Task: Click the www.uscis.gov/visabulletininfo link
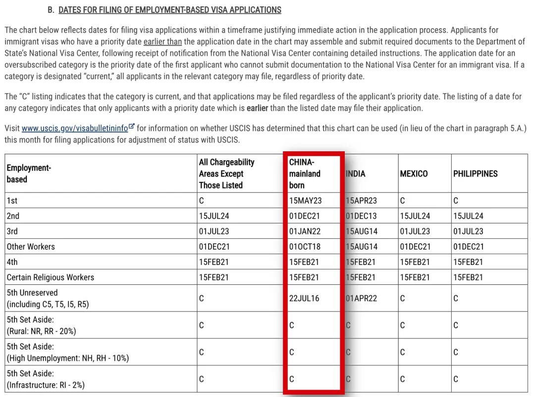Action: [75, 129]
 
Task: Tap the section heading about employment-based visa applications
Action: [169, 10]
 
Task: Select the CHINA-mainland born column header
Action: [305, 174]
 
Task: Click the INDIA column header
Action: [356, 174]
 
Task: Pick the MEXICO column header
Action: [414, 174]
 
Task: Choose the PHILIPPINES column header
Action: [475, 174]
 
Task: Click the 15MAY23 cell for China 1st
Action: [305, 201]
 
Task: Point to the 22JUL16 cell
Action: [304, 298]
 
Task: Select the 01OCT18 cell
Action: [305, 247]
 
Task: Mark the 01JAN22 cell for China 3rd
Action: [305, 231]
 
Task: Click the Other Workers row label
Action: [31, 247]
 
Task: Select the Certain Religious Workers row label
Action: [50, 277]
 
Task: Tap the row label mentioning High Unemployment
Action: [67, 352]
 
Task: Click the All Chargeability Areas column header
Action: [226, 174]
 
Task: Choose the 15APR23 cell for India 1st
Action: [362, 201]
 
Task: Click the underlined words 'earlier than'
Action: [162, 42]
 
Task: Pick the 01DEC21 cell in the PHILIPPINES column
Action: [468, 247]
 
